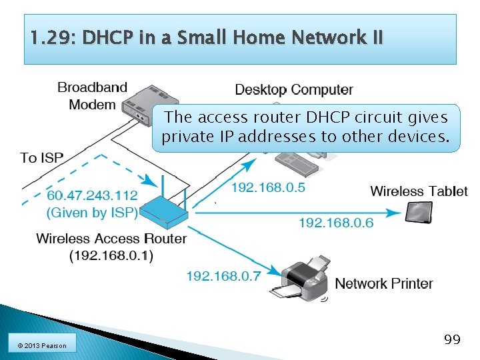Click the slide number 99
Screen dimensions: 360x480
(x=452, y=340)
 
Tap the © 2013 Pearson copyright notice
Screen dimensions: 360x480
(x=43, y=345)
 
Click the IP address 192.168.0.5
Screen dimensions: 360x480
(x=268, y=187)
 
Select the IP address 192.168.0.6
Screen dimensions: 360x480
(x=336, y=223)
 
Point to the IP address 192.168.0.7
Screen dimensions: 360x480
(x=223, y=275)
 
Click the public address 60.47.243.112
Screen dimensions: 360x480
(x=92, y=195)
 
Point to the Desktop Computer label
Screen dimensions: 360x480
(x=294, y=89)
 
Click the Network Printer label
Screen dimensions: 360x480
(x=384, y=283)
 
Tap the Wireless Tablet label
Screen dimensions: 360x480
(x=419, y=191)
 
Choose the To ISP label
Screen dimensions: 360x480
(x=42, y=158)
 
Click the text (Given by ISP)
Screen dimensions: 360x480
(x=92, y=213)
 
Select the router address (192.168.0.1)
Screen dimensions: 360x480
(x=111, y=256)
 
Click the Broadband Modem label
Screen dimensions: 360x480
(x=92, y=96)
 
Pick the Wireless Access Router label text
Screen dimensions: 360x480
(x=111, y=238)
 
